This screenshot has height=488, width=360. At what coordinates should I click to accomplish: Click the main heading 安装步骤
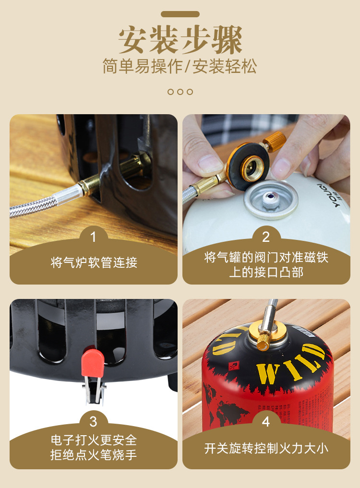(180, 40)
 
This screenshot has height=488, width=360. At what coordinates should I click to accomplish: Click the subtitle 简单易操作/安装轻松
(180, 66)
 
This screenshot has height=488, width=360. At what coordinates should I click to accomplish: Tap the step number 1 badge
(93, 237)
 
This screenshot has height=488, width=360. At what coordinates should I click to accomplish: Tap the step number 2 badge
(266, 237)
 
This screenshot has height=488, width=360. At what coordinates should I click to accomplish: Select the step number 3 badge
(93, 422)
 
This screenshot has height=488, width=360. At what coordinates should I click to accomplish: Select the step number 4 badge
(266, 422)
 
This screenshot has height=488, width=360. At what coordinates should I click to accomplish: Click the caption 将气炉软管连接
(94, 262)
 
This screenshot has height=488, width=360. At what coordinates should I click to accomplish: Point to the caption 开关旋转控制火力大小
(266, 449)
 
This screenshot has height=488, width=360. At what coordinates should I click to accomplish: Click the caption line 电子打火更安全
(94, 440)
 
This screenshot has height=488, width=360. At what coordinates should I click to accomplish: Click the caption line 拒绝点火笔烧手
(94, 455)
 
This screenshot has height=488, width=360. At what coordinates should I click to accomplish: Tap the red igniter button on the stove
(93, 363)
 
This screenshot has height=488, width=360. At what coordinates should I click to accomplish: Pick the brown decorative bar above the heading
(180, 14)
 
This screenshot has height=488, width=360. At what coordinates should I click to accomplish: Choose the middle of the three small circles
(180, 92)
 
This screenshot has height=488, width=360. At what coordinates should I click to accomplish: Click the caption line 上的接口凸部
(266, 272)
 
